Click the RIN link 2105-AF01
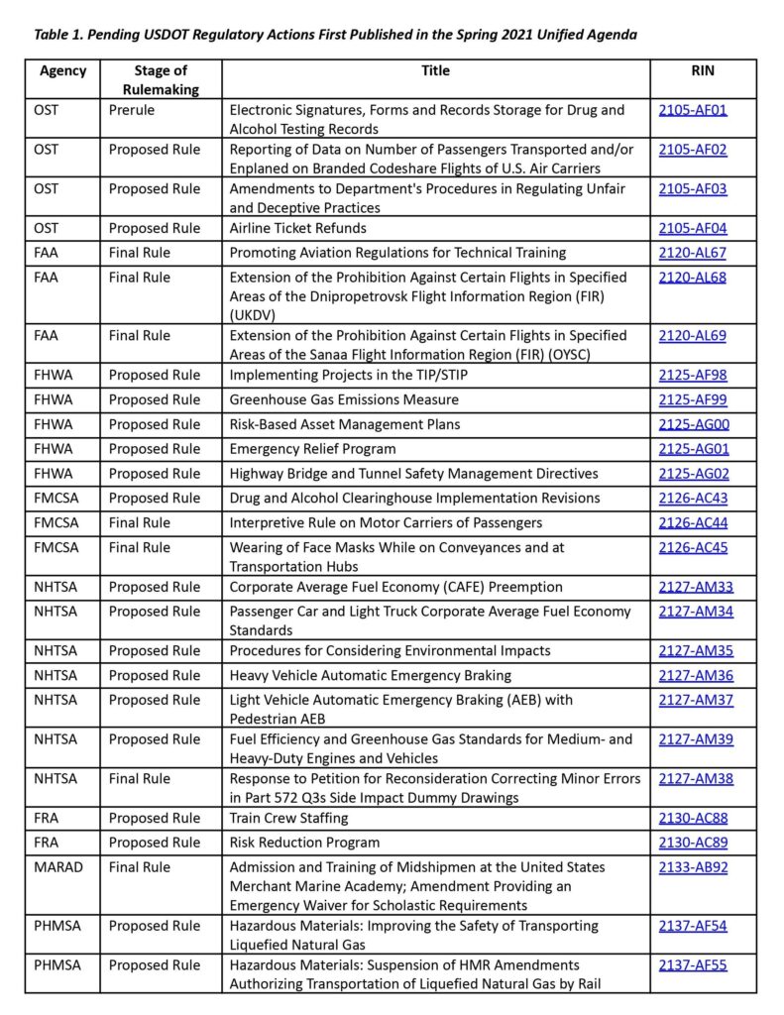(693, 110)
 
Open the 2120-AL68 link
(692, 277)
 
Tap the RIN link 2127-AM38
(696, 778)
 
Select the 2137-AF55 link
(692, 964)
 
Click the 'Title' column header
(435, 70)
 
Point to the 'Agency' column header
(63, 70)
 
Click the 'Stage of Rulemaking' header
(161, 79)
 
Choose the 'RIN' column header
(702, 70)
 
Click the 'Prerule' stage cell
(132, 110)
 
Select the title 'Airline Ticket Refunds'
(298, 228)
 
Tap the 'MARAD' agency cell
(58, 866)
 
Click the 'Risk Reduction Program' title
(304, 843)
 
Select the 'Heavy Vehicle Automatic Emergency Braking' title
(371, 675)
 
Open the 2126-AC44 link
(693, 522)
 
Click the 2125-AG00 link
(694, 424)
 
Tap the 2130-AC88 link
(693, 818)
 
